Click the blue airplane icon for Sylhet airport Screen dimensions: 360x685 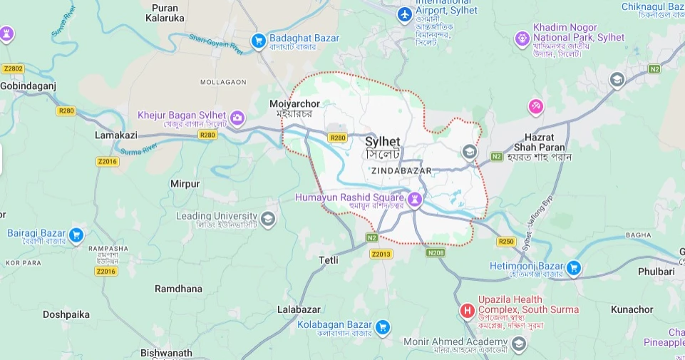click(x=405, y=14)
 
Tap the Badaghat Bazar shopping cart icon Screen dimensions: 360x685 click(x=258, y=39)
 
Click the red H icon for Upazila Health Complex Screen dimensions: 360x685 click(x=468, y=311)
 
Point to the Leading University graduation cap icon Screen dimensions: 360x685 click(x=268, y=218)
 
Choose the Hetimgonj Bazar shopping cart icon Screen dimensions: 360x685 click(x=574, y=269)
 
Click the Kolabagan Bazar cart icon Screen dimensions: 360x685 click(x=383, y=327)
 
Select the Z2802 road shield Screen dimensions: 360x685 click(x=13, y=68)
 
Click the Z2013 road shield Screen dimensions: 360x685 click(x=381, y=254)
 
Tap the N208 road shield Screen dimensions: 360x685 click(x=436, y=252)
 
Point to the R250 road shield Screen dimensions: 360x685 click(x=505, y=242)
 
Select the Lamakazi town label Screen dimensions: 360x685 click(x=115, y=135)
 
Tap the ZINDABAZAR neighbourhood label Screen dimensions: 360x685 click(x=401, y=171)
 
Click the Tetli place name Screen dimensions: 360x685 click(x=329, y=260)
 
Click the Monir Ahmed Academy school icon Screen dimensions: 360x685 click(x=519, y=344)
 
